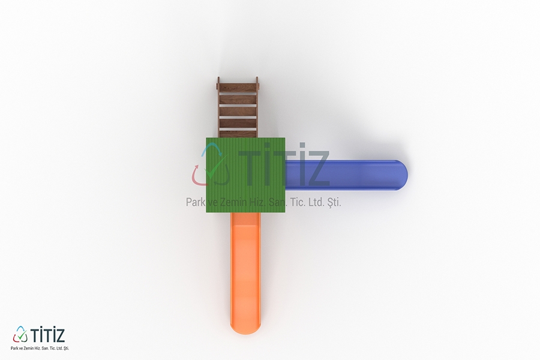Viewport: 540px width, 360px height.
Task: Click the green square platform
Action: pyautogui.click(x=245, y=175)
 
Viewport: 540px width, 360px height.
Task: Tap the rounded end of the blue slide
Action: pyautogui.click(x=401, y=175)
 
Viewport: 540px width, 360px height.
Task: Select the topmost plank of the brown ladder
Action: pyautogui.click(x=238, y=87)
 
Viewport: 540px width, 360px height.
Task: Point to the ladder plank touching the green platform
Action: pyautogui.click(x=238, y=134)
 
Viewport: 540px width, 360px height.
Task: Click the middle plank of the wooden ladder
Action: pyautogui.click(x=238, y=112)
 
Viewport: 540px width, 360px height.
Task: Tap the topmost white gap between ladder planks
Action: pyautogui.click(x=238, y=93)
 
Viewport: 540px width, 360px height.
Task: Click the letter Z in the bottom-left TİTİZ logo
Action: pyautogui.click(x=59, y=335)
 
